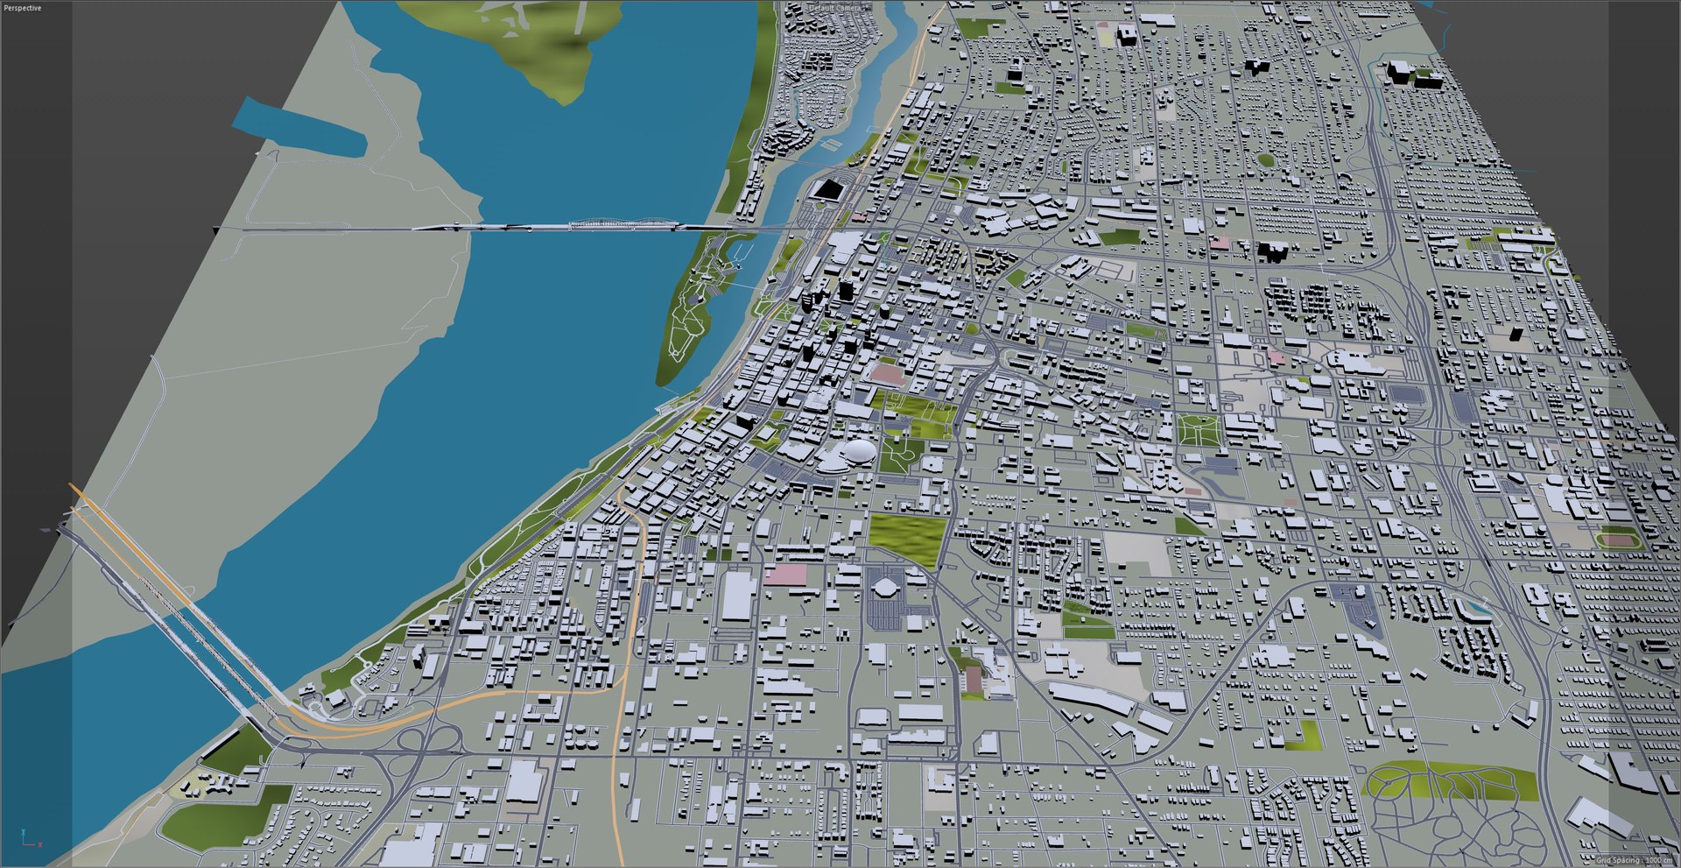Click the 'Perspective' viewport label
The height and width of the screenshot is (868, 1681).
(22, 8)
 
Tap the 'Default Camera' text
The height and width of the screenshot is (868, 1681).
(834, 8)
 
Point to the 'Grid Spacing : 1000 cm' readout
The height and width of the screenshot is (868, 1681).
(1634, 860)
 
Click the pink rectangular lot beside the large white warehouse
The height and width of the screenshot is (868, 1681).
(784, 575)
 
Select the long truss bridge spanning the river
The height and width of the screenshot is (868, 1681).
(569, 227)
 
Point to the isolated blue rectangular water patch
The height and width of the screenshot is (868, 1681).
(299, 128)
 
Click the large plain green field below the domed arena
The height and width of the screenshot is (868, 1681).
(908, 535)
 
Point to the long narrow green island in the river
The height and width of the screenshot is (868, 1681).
(692, 315)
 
